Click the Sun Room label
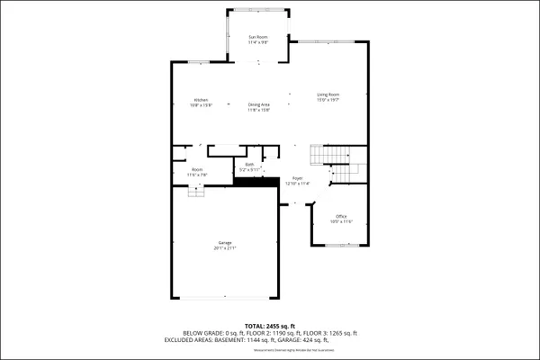tap(258, 37)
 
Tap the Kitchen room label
tap(201, 100)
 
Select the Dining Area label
tap(259, 105)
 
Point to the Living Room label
tap(328, 94)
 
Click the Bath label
tap(249, 164)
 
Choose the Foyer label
tap(297, 178)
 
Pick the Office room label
tap(341, 216)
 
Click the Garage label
tap(224, 242)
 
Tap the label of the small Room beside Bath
tap(197, 169)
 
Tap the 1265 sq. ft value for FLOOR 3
tap(341, 333)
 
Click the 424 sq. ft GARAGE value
tap(344, 340)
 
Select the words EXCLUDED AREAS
tap(191, 340)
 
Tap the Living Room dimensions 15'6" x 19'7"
tap(328, 100)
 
